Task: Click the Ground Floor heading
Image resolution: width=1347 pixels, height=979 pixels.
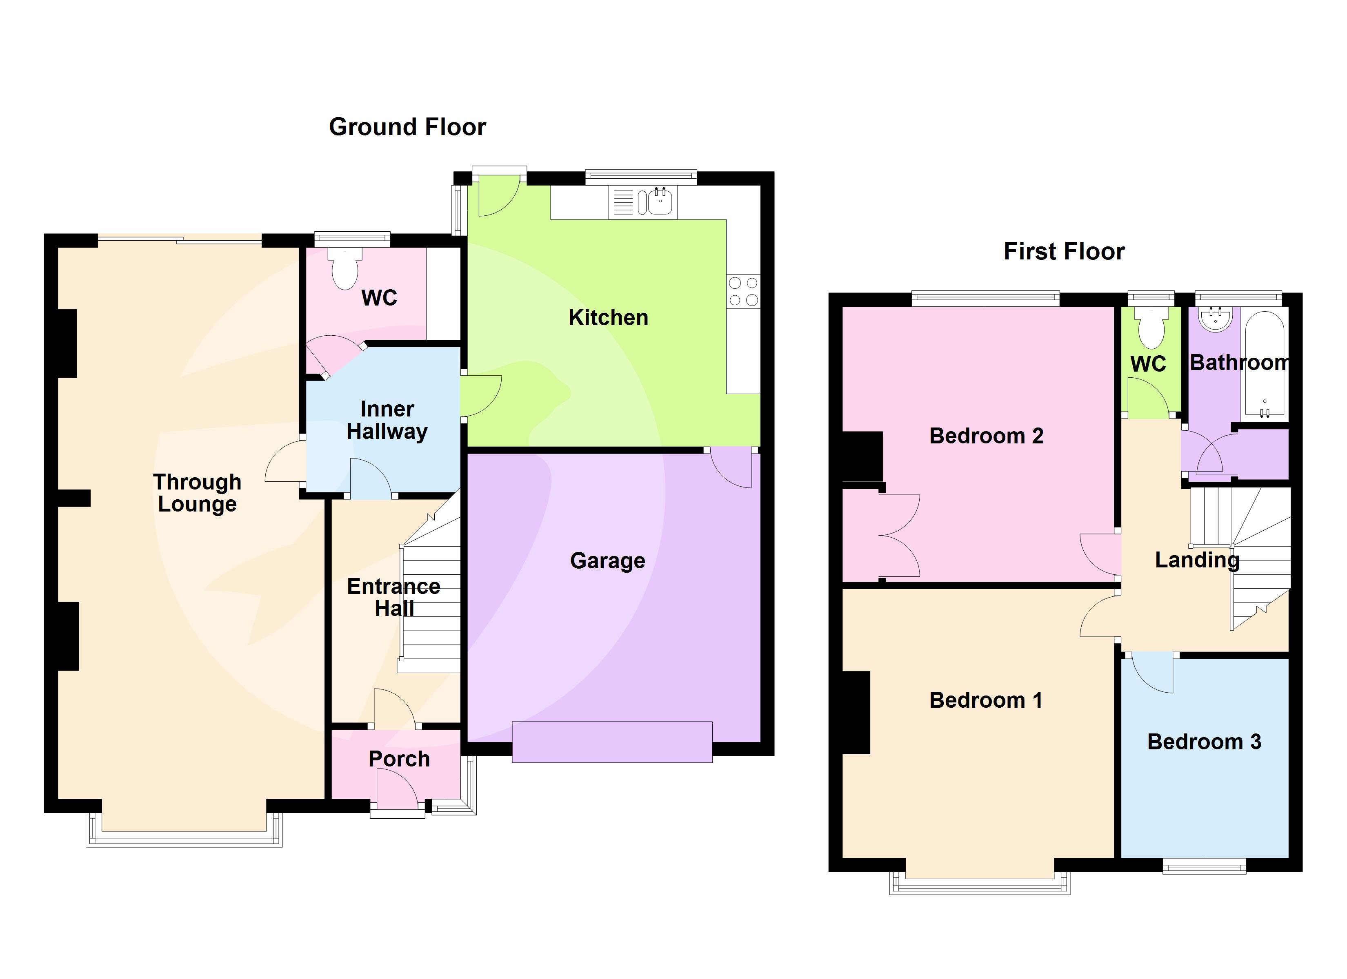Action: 407,127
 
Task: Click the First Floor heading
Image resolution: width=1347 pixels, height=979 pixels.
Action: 1064,252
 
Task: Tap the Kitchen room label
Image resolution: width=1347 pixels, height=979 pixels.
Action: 608,318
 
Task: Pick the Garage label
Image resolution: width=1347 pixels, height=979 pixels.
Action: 607,560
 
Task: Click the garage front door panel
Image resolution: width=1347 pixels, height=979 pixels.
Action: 612,742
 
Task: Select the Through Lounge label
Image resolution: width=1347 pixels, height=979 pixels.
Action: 197,493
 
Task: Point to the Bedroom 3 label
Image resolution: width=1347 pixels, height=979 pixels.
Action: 1204,742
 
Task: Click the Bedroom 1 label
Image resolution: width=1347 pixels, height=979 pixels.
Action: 986,700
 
